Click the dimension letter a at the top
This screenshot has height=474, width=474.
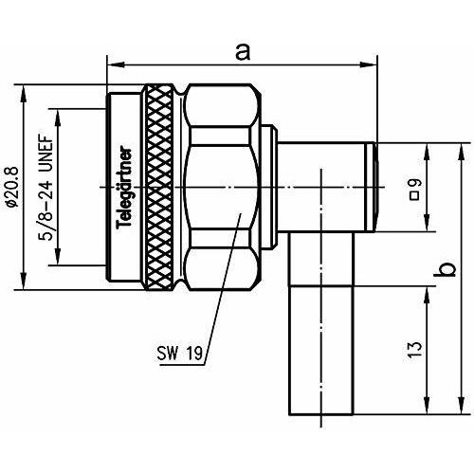(x=243, y=52)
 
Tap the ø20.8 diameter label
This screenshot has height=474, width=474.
(x=13, y=187)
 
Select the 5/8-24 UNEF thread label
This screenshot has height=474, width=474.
(x=46, y=188)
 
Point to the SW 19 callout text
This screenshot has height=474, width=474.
(x=179, y=353)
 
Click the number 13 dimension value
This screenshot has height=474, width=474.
(x=415, y=349)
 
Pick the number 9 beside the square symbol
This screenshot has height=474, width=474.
(x=415, y=183)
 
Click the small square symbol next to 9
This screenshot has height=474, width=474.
(x=415, y=196)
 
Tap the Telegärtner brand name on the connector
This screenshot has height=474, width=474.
(x=124, y=187)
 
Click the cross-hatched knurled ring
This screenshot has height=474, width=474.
(x=159, y=187)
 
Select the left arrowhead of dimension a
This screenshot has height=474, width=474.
(x=115, y=65)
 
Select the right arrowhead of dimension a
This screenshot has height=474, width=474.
(x=369, y=65)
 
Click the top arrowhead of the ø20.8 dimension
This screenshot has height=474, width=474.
(x=24, y=93)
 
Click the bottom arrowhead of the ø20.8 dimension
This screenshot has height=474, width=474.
(x=24, y=282)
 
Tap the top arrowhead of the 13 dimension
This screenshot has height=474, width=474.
(x=427, y=295)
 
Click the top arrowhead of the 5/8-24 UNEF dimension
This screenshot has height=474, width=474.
(x=58, y=118)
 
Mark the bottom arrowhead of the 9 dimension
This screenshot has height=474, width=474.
(x=427, y=224)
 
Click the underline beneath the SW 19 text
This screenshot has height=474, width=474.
(x=182, y=365)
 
